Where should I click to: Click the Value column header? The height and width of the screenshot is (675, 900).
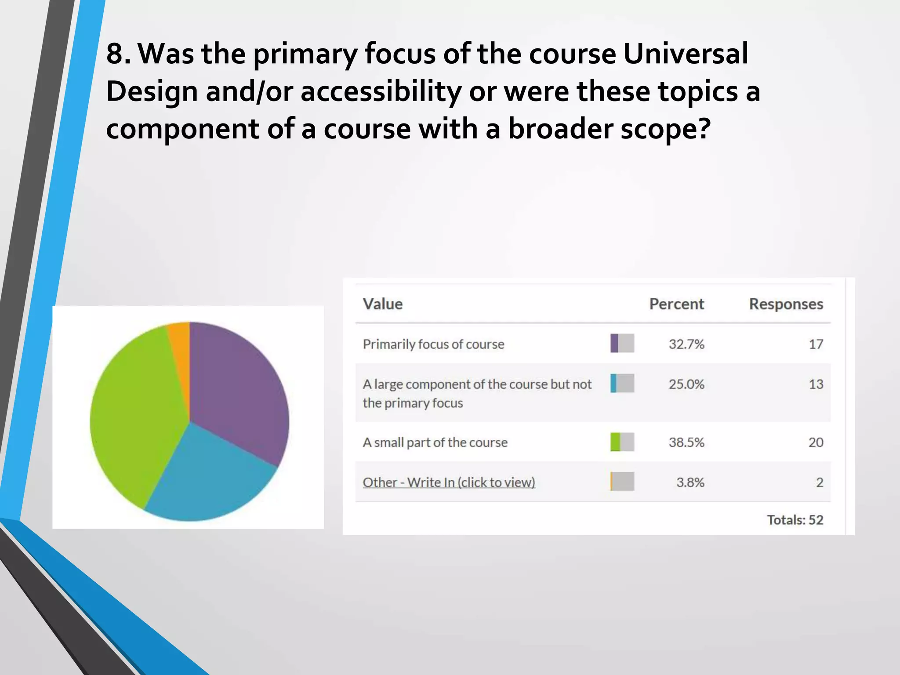tap(382, 304)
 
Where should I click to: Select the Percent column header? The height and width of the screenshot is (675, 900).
tap(676, 304)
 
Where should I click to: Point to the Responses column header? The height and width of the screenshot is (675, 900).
tap(786, 304)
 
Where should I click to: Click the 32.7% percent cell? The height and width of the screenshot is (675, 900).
tap(686, 344)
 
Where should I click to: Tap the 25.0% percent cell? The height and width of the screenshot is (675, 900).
tap(686, 384)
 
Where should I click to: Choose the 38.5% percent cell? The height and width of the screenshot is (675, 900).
tap(686, 442)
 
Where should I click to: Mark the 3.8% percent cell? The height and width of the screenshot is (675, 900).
tap(690, 483)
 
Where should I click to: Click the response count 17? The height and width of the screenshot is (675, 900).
tap(816, 344)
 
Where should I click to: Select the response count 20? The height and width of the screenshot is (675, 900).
tap(816, 442)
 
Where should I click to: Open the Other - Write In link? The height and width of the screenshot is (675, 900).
tap(449, 483)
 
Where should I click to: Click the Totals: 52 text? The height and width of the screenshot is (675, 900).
tap(795, 520)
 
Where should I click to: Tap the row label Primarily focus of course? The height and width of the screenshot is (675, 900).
tap(433, 344)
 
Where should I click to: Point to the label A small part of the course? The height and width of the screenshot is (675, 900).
tap(435, 442)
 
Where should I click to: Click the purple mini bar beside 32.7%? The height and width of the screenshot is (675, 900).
tap(614, 343)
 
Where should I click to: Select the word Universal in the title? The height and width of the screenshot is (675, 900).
tap(686, 54)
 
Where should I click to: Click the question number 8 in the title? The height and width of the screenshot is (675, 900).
tap(115, 54)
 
